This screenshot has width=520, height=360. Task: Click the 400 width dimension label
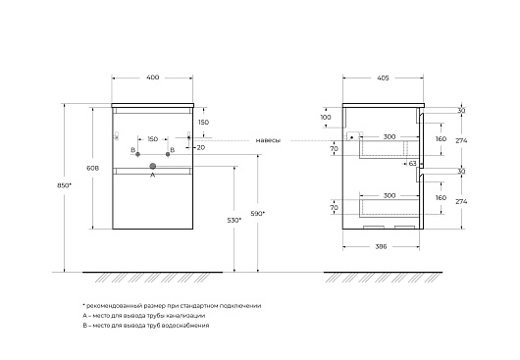152,77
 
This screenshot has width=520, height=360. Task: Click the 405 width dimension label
383,78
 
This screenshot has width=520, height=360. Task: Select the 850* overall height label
64,185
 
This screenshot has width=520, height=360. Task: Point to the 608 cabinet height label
92,168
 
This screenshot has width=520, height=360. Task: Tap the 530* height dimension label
234,220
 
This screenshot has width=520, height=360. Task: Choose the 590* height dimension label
258,214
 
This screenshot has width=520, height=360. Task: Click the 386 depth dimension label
381,246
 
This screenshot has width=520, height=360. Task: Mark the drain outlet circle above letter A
152,166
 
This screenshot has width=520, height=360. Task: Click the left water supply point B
138,154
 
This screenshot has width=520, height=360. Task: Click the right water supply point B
168,154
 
